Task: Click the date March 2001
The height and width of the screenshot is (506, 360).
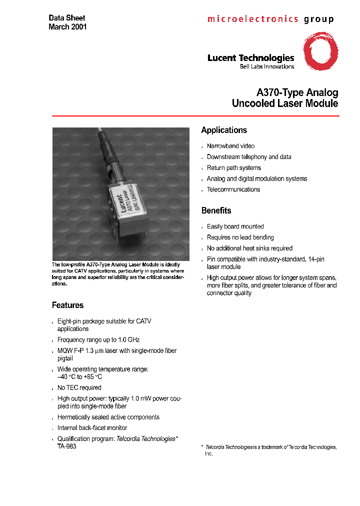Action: click(x=67, y=27)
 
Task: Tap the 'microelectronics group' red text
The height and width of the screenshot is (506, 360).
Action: click(x=270, y=19)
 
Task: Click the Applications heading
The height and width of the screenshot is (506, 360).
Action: click(x=224, y=130)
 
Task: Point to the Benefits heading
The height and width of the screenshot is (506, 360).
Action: click(x=216, y=210)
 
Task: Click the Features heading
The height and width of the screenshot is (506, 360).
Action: click(x=67, y=305)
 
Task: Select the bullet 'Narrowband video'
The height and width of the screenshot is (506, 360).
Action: click(x=230, y=146)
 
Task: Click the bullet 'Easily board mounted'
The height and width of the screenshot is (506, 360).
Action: click(x=235, y=226)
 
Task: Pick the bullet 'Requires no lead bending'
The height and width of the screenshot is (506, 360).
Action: click(x=240, y=237)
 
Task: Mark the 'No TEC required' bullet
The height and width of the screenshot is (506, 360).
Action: click(x=79, y=387)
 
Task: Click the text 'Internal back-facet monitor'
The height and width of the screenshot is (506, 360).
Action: click(x=92, y=428)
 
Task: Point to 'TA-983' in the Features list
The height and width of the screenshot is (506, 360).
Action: click(x=67, y=446)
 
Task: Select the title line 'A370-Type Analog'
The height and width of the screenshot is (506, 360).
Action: click(x=297, y=92)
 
